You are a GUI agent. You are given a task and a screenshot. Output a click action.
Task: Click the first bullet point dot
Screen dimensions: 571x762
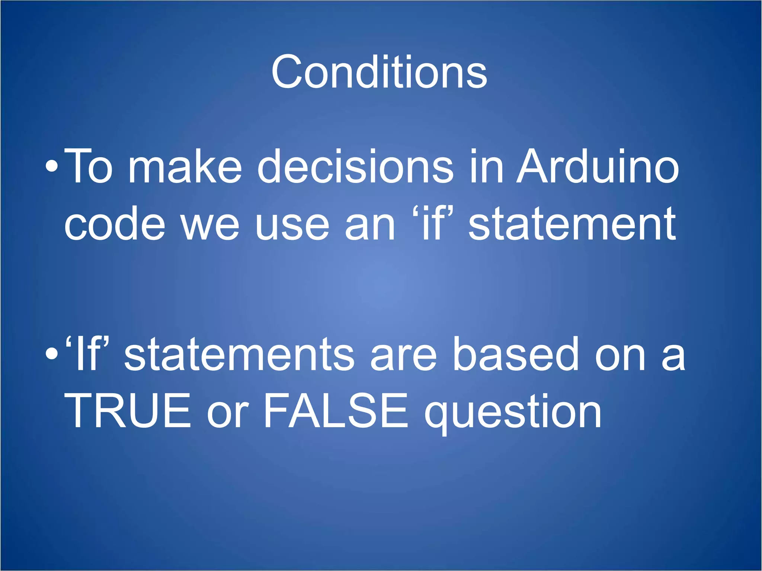point(52,167)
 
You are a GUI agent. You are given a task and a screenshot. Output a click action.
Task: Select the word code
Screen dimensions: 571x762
point(115,224)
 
